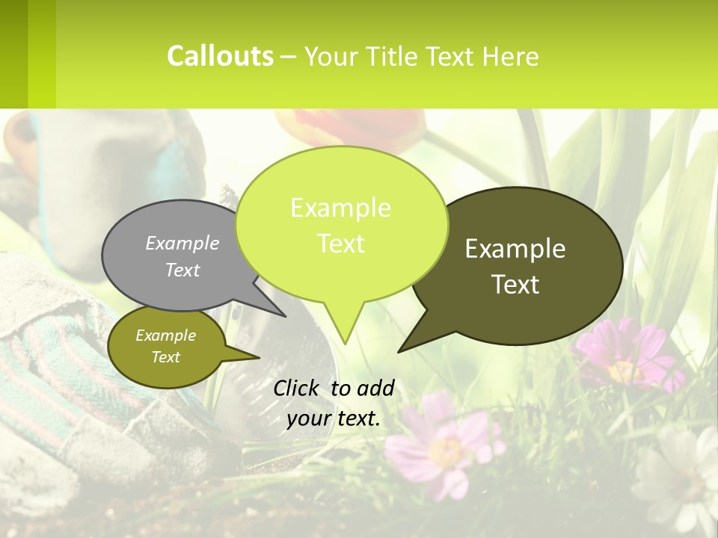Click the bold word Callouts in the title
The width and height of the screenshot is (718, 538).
220,56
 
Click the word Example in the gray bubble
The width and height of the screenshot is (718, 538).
182,243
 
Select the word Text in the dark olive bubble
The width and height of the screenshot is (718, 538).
515,284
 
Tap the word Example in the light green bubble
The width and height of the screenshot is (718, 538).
340,208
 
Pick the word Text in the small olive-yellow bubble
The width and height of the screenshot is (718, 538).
166,357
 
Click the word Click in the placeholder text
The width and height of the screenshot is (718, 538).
298,388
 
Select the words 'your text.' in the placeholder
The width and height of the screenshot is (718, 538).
334,419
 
